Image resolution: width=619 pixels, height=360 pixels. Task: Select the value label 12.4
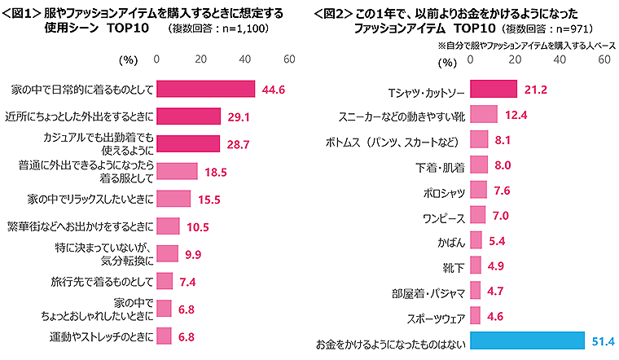pyautogui.click(x=517, y=114)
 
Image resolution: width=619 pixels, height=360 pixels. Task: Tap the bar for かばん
pyautogui.click(x=476, y=242)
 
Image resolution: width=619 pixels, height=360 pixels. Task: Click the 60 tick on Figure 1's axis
pyautogui.click(x=288, y=59)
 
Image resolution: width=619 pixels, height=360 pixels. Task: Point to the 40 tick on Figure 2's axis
pyautogui.click(x=560, y=59)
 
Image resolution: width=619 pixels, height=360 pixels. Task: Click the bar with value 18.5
pyautogui.click(x=176, y=171)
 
